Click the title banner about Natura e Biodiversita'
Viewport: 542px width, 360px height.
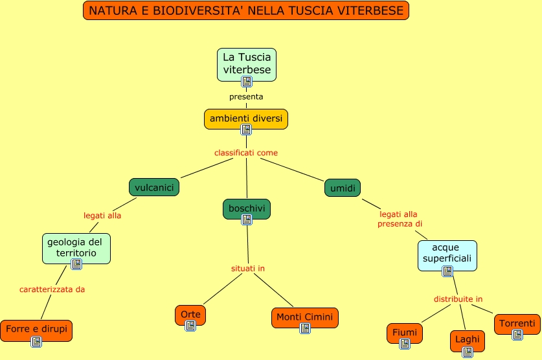[246, 11]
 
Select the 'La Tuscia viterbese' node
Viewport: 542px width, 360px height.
[247, 63]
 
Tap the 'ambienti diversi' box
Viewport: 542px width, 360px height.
[246, 118]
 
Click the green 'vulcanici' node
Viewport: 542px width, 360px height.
[154, 187]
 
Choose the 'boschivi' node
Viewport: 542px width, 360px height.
[246, 208]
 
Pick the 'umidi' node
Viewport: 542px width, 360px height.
[343, 188]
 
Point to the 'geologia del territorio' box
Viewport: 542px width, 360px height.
[75, 247]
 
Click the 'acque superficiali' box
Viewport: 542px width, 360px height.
[447, 254]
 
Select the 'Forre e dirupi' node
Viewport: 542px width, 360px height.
[36, 329]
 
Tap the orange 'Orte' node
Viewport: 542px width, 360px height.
[190, 314]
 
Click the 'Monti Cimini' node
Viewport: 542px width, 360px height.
[304, 317]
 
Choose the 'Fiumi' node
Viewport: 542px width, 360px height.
[405, 332]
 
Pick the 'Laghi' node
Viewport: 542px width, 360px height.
[467, 339]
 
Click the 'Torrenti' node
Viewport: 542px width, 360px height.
[517, 323]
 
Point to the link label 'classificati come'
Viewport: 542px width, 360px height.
[246, 153]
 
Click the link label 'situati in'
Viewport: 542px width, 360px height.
[248, 268]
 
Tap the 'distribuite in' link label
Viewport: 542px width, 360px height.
[458, 299]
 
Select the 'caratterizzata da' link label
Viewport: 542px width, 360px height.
[52, 289]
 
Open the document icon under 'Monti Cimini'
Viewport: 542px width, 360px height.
[305, 328]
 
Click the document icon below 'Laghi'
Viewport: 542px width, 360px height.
[467, 352]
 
